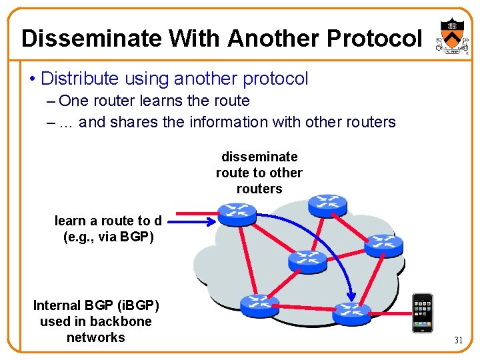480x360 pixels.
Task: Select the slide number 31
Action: (459, 340)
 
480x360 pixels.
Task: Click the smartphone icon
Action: (422, 313)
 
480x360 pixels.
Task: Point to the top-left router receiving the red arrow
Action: (237, 214)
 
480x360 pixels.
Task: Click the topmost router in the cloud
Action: (327, 204)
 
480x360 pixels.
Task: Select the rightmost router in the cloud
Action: (383, 245)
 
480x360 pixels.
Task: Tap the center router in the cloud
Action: (307, 260)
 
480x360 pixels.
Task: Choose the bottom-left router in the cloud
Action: (259, 305)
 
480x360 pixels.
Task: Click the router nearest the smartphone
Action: (351, 312)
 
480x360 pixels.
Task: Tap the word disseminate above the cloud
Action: (259, 157)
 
